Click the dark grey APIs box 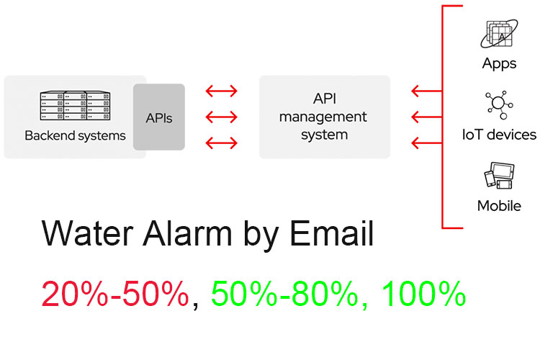point(159,117)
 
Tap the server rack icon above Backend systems point(76,105)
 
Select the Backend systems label point(75,136)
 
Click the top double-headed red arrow point(222,91)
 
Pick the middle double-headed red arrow point(222,117)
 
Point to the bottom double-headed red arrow point(222,143)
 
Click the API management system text point(324,117)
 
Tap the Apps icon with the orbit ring point(499,34)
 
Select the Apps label point(500,64)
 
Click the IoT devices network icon point(499,104)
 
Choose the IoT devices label point(499,135)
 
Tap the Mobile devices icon point(499,176)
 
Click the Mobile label point(499,206)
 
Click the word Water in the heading point(87,233)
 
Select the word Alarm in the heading point(187,233)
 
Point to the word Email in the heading point(332,233)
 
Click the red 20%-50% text point(115,293)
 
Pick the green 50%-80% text point(284,293)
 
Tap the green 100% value point(423,293)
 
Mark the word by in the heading point(261,236)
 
